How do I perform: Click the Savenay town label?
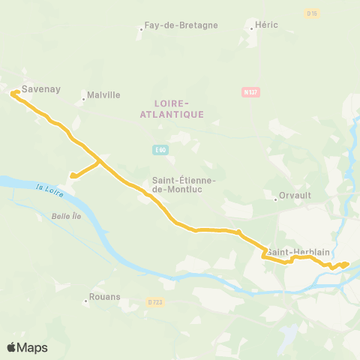pyautogui.click(x=36, y=88)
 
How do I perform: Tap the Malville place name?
pyautogui.click(x=103, y=95)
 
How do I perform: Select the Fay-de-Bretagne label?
pyautogui.click(x=181, y=25)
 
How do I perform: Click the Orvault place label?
pyautogui.click(x=295, y=195)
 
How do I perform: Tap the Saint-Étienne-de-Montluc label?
pyautogui.click(x=184, y=184)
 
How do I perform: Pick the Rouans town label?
pyautogui.click(x=104, y=296)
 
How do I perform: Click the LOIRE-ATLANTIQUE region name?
pyautogui.click(x=172, y=108)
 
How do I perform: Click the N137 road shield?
pyautogui.click(x=250, y=92)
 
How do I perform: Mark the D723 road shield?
pyautogui.click(x=155, y=301)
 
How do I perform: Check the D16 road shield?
pyautogui.click(x=313, y=13)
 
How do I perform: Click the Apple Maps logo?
pyautogui.click(x=27, y=347)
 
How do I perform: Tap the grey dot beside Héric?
pyautogui.click(x=250, y=29)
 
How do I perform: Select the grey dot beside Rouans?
pyautogui.click(x=86, y=301)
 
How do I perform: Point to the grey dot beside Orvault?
pyautogui.click(x=275, y=199)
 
